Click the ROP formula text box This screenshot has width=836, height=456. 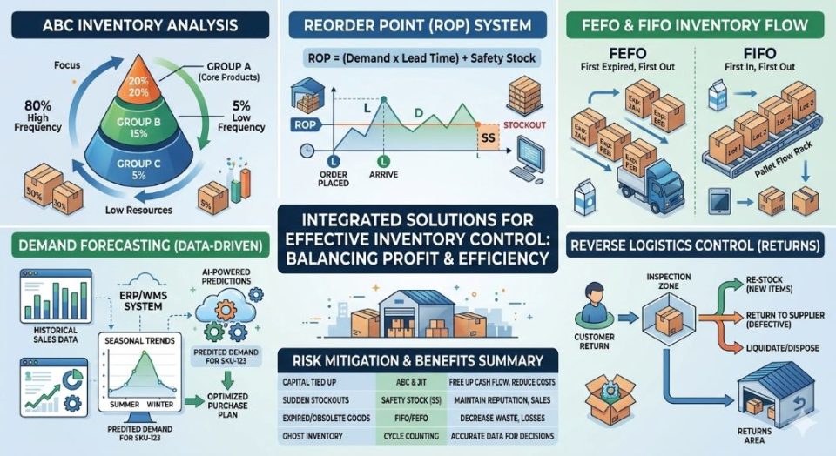click(421, 59)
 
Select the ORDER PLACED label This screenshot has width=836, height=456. click(334, 178)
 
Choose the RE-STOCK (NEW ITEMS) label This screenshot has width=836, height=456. click(769, 285)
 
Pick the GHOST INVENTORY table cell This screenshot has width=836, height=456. click(319, 436)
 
